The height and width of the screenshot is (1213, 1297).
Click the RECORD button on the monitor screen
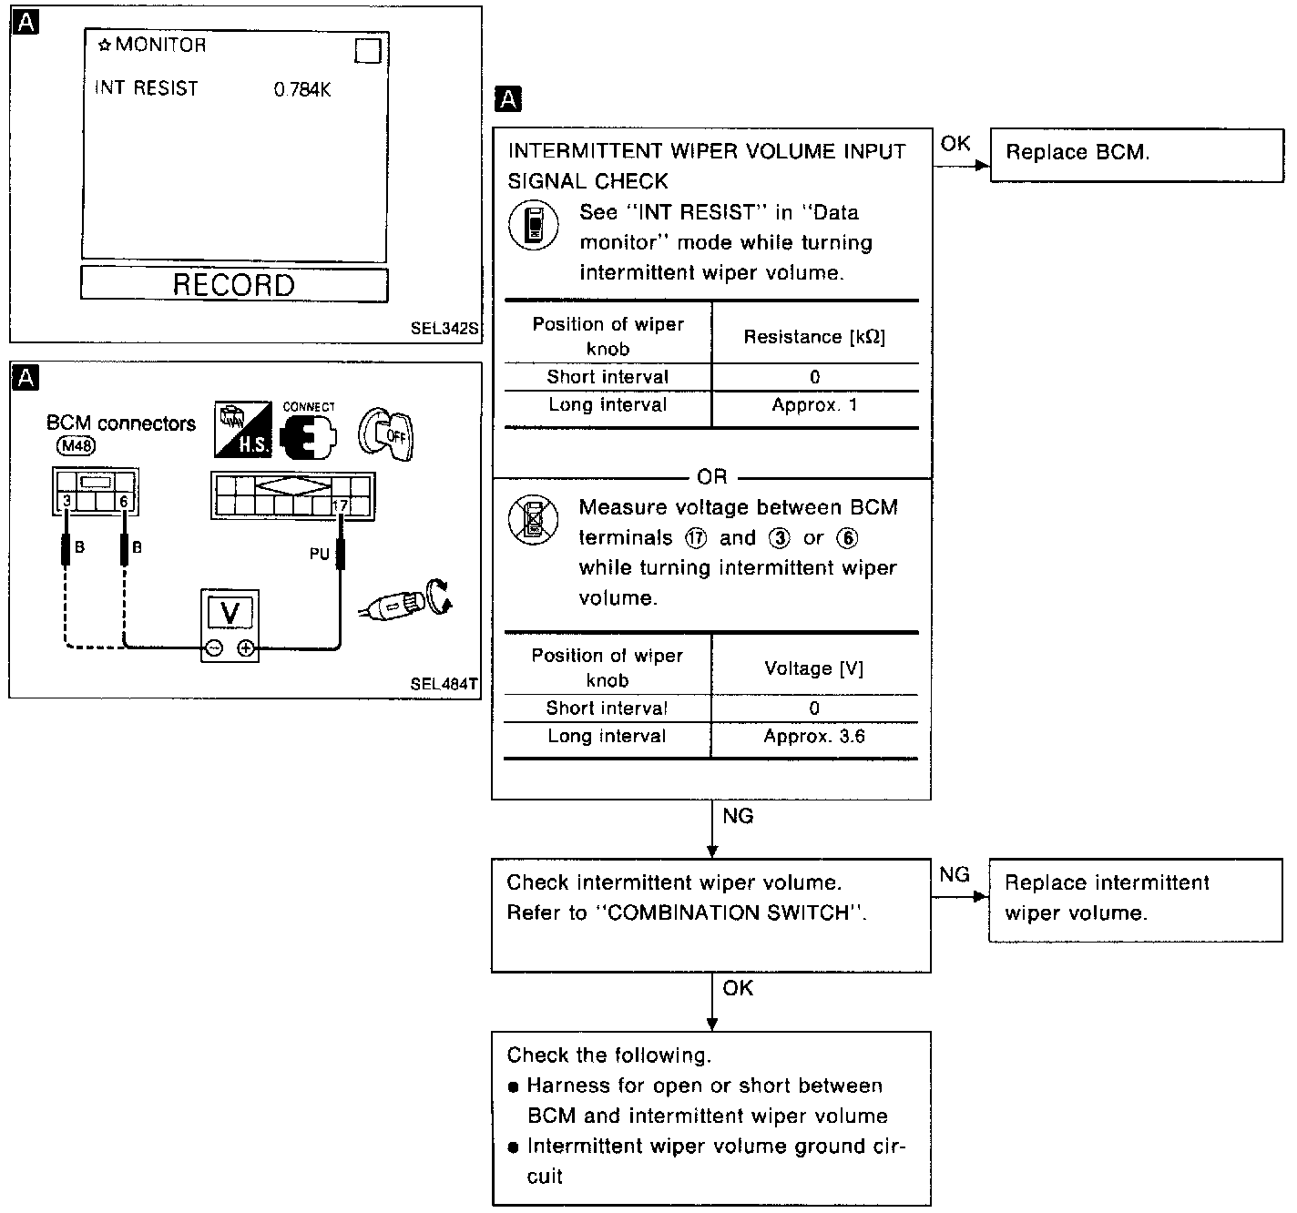click(234, 284)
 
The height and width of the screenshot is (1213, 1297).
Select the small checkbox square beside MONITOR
click(367, 51)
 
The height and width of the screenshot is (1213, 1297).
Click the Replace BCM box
click(1136, 155)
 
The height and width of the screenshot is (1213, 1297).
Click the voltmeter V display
click(230, 613)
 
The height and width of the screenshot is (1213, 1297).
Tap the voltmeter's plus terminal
click(246, 648)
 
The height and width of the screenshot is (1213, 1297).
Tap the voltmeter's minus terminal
click(213, 648)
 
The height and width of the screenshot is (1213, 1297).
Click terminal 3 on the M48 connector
click(66, 501)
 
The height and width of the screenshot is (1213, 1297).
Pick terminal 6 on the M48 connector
click(124, 501)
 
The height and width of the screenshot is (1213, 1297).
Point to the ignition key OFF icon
click(386, 433)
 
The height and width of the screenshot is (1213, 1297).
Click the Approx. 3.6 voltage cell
click(814, 736)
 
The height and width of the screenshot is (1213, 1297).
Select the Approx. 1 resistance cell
click(814, 405)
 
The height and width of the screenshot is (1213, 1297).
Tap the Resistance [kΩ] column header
click(814, 337)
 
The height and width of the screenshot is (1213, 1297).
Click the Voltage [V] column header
click(814, 668)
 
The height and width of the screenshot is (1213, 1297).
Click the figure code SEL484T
click(444, 684)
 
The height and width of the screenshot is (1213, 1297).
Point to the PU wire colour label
click(319, 554)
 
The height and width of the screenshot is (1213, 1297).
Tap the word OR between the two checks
click(711, 477)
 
